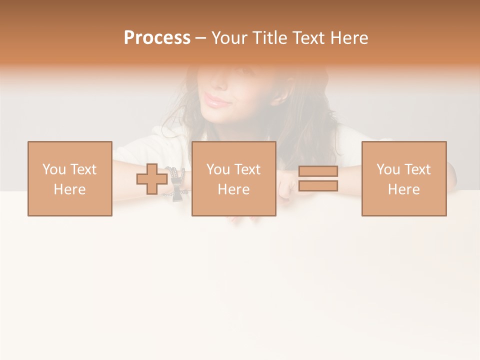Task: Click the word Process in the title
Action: [x=157, y=38]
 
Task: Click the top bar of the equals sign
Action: [x=318, y=171]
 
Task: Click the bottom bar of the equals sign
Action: [x=318, y=186]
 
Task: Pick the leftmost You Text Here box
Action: [x=70, y=178]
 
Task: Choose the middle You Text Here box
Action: [x=233, y=178]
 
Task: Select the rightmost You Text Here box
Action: [x=403, y=178]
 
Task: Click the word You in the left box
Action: [x=54, y=169]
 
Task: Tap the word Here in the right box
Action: [x=403, y=189]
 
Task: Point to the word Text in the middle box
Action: [x=247, y=169]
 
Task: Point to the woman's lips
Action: [x=217, y=101]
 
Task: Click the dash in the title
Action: [x=200, y=38]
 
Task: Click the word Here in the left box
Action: [x=70, y=189]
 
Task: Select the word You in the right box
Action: [x=388, y=169]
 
